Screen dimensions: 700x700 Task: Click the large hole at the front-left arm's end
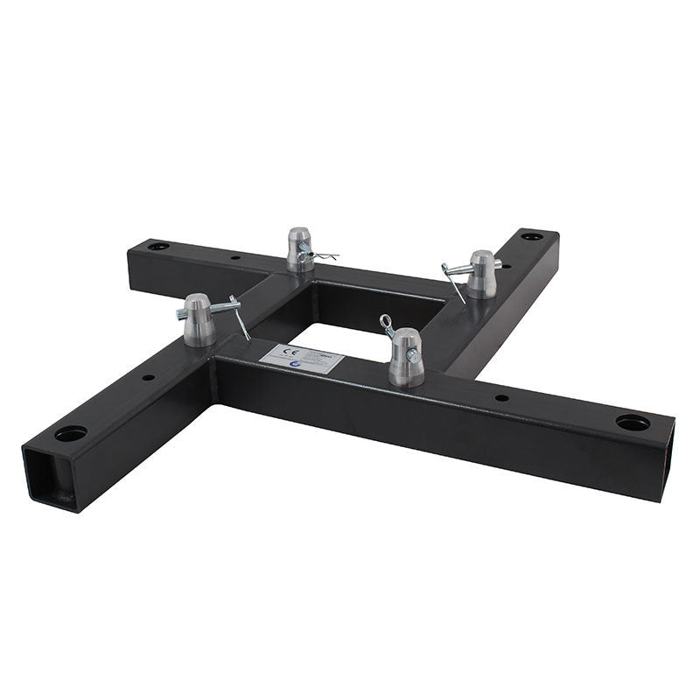(x=70, y=433)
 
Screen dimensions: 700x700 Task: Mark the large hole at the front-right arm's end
(x=632, y=423)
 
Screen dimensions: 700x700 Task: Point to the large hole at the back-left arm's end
(x=157, y=248)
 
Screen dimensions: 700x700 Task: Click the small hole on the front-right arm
(x=500, y=398)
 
